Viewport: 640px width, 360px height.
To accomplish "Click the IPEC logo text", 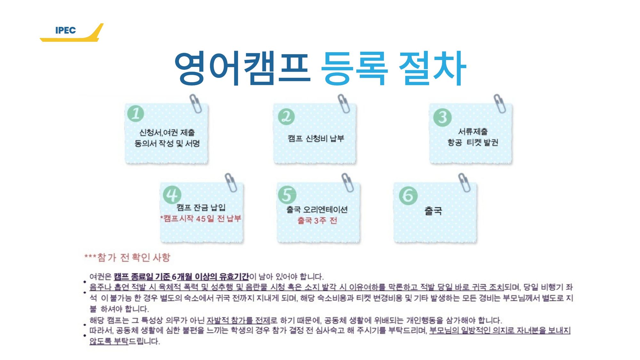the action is pyautogui.click(x=66, y=30).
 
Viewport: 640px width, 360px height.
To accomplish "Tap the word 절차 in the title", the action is pyautogui.click(x=432, y=68).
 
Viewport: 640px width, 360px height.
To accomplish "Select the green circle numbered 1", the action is pyautogui.click(x=136, y=114).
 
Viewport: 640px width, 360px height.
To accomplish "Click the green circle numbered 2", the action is pyautogui.click(x=286, y=116).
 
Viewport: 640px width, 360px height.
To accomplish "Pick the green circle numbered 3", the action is pyautogui.click(x=442, y=117).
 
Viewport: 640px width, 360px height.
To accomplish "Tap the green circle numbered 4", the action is pyautogui.click(x=172, y=195).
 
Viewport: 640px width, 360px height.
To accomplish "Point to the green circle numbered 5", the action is pyautogui.click(x=287, y=195).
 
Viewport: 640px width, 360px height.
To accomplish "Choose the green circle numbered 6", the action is pyautogui.click(x=408, y=195).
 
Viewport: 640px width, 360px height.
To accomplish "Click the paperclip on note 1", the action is pyautogui.click(x=196, y=103).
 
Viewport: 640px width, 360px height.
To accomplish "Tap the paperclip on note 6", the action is pyautogui.click(x=464, y=182).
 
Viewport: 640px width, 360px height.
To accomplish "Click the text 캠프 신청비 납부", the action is pyautogui.click(x=316, y=138).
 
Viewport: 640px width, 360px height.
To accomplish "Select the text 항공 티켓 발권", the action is pyautogui.click(x=473, y=142).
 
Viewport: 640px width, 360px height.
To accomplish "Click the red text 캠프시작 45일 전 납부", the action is pyautogui.click(x=201, y=219).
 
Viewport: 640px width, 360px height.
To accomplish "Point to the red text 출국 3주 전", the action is pyautogui.click(x=317, y=220).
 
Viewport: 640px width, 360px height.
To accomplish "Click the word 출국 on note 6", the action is pyautogui.click(x=433, y=211).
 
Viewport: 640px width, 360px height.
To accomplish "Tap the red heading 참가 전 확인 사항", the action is pyautogui.click(x=134, y=257).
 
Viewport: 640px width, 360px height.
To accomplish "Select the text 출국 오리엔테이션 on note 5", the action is pyautogui.click(x=317, y=210).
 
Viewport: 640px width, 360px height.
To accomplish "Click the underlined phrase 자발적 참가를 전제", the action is pyautogui.click(x=238, y=320).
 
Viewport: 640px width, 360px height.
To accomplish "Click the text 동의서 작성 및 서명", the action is pyautogui.click(x=167, y=143).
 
